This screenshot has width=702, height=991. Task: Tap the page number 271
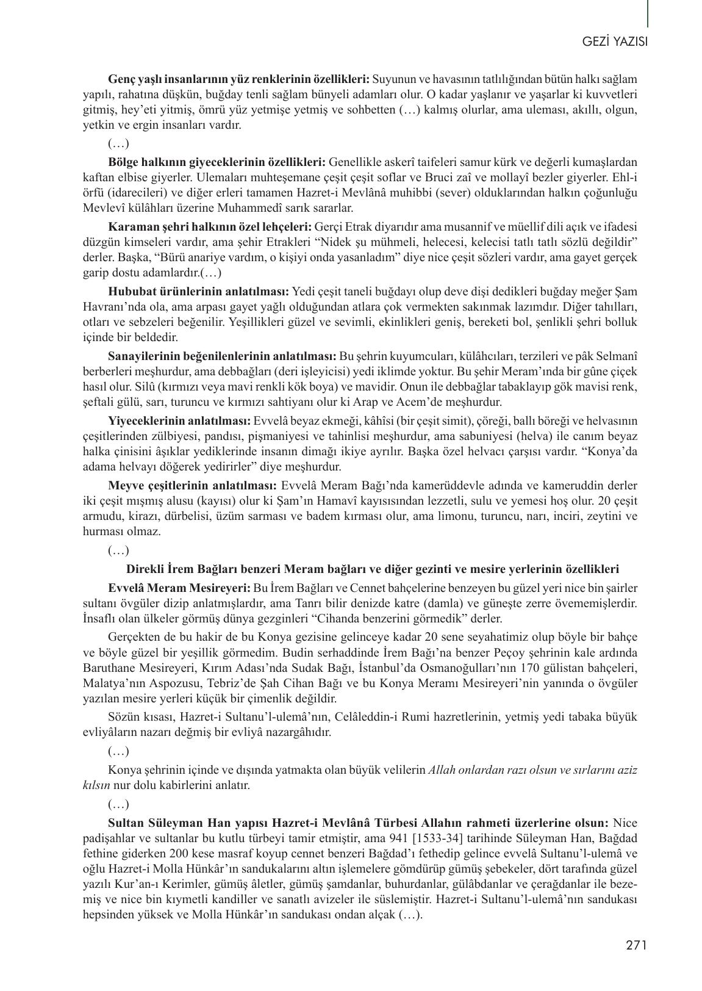[636, 946]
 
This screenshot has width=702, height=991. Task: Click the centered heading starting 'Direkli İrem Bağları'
[372, 569]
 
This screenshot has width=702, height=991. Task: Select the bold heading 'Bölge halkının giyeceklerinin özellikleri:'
[217, 162]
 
